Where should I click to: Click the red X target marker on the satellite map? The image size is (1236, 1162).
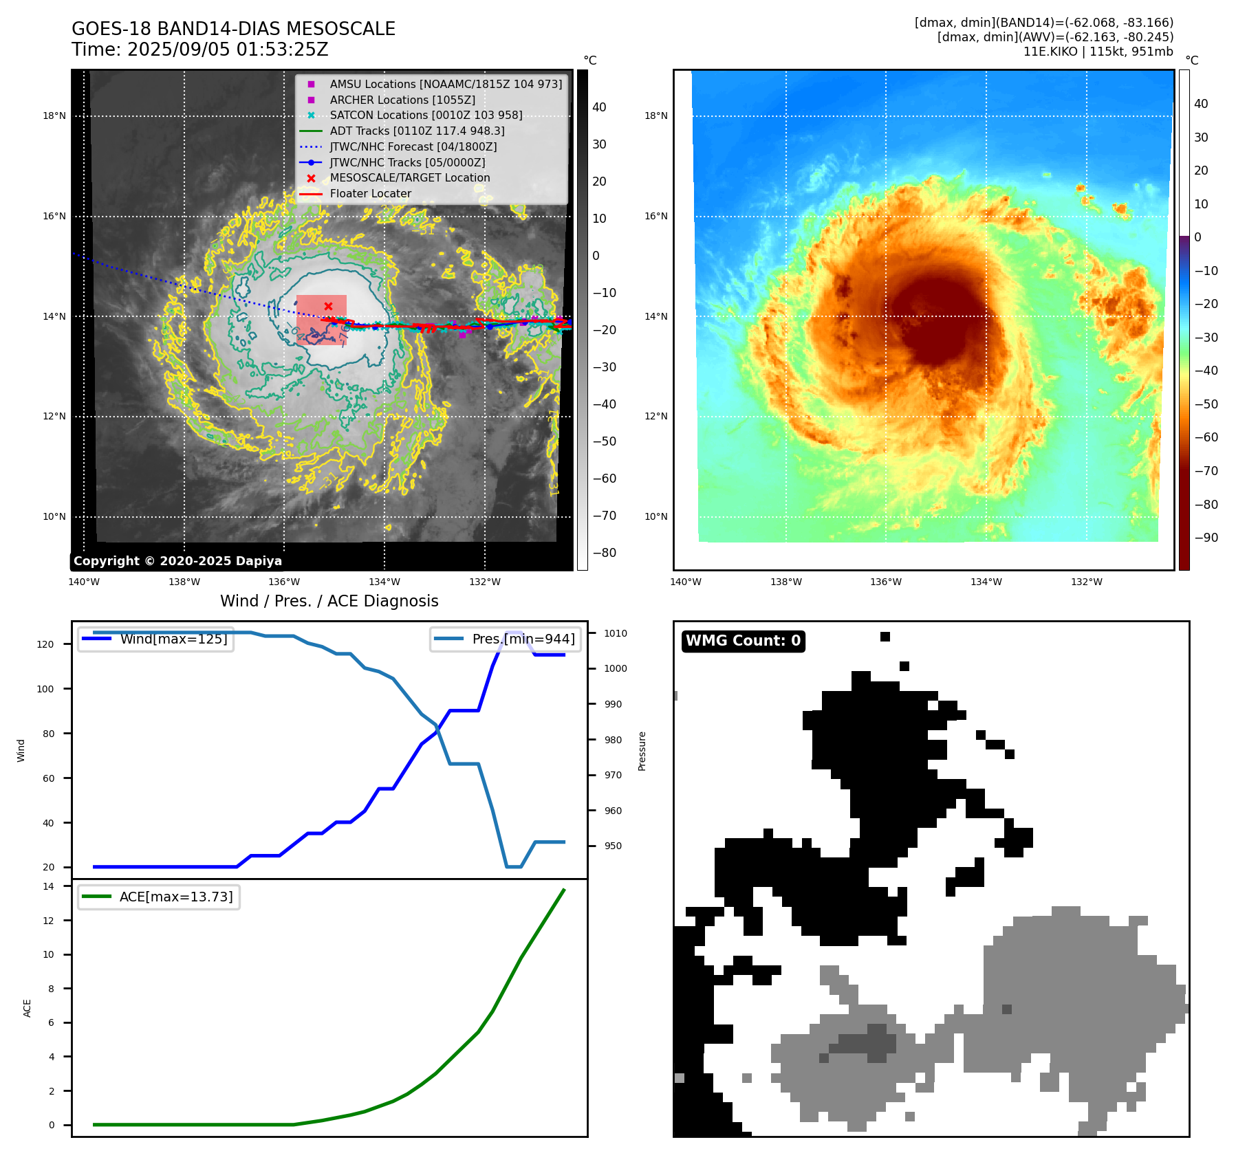click(328, 306)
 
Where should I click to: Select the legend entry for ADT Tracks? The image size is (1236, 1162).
click(417, 131)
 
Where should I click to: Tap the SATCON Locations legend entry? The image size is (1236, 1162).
click(426, 115)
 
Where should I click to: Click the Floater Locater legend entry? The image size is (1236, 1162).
click(370, 193)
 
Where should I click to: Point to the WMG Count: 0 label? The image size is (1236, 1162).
click(743, 641)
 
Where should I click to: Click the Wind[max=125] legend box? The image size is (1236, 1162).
click(155, 639)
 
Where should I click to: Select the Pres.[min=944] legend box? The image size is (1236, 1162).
click(506, 639)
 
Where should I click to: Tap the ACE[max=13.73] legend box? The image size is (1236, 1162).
click(159, 897)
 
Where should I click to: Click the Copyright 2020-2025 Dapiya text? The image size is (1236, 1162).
click(177, 561)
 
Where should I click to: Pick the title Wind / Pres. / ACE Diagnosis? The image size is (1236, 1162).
click(329, 601)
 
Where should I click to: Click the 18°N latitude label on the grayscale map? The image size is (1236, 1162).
click(54, 116)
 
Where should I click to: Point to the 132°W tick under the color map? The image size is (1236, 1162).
click(1086, 582)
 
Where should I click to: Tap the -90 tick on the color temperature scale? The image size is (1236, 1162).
click(1206, 538)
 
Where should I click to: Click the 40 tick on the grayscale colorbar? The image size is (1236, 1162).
click(599, 107)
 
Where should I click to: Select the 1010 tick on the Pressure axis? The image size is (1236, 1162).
click(616, 633)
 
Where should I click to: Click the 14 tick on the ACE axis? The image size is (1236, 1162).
click(48, 886)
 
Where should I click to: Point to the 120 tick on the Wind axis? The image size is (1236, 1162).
click(45, 644)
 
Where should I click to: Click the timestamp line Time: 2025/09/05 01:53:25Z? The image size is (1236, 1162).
click(199, 50)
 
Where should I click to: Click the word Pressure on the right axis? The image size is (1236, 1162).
click(642, 751)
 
